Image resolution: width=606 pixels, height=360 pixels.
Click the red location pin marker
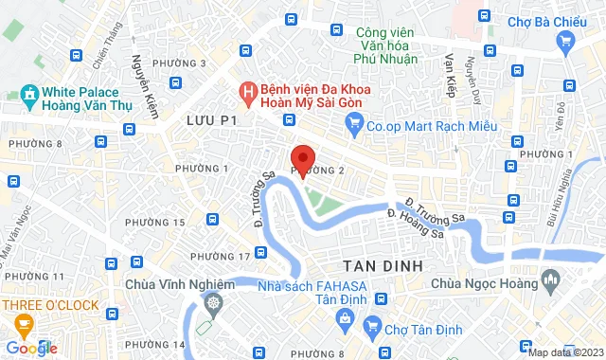[x=302, y=158]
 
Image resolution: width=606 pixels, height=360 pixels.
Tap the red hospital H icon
[x=246, y=92]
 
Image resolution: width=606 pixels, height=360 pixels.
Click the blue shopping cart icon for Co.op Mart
[x=355, y=121]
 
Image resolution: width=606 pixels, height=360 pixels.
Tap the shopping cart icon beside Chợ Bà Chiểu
[x=566, y=40]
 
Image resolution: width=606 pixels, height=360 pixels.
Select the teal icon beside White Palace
[x=27, y=95]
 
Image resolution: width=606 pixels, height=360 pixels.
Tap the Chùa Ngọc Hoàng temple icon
[x=550, y=281]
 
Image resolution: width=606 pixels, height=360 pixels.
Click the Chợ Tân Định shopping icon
[x=375, y=329]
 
